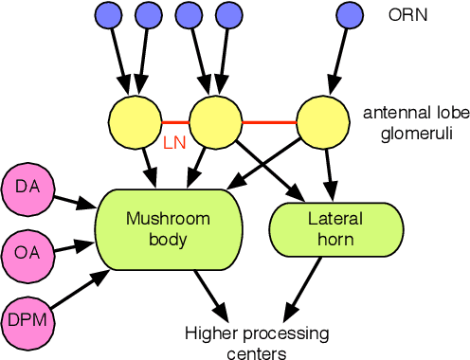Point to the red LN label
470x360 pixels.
174,143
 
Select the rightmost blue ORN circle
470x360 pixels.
349,14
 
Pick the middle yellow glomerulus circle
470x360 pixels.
215,119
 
